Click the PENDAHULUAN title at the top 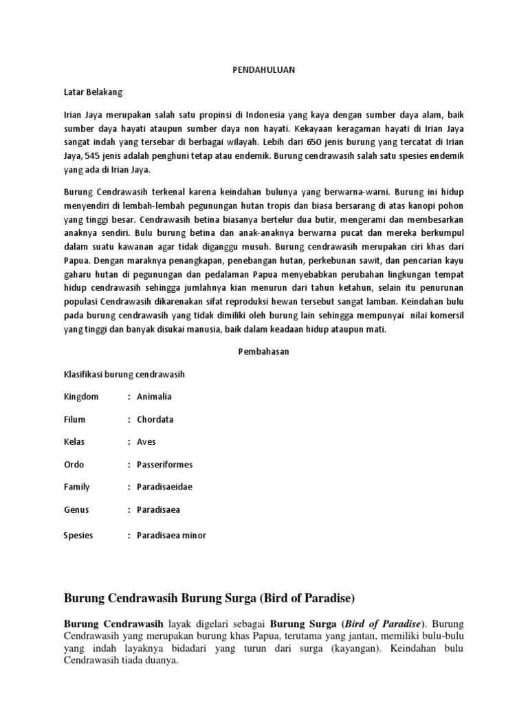click(x=264, y=70)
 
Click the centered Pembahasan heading click(x=263, y=351)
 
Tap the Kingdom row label click(x=81, y=397)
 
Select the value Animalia click(x=154, y=397)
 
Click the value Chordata click(x=155, y=419)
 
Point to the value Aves click(x=146, y=442)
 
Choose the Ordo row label click(x=74, y=465)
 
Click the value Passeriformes click(x=165, y=465)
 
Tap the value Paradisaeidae click(x=164, y=487)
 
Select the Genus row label click(x=76, y=509)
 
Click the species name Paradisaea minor click(x=171, y=536)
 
